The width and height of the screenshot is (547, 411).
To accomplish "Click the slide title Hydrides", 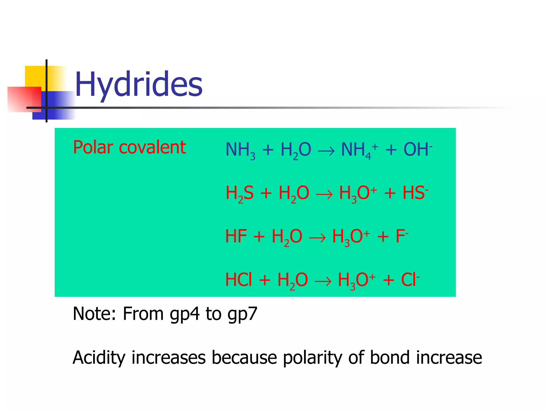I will tap(138, 84).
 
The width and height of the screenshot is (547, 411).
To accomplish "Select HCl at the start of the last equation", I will tap(239, 280).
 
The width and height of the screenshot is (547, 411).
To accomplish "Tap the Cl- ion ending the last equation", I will tap(410, 280).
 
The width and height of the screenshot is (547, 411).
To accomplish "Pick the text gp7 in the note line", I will tap(242, 314).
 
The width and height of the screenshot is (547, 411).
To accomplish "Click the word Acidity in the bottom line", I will tap(99, 358).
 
